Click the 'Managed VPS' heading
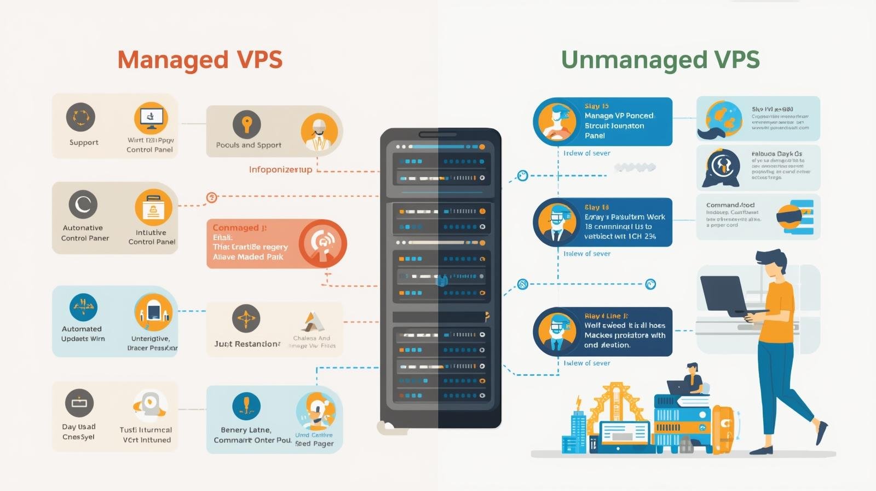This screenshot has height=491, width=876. (200, 60)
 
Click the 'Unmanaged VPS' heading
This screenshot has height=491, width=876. (660, 60)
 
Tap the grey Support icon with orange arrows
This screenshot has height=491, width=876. (81, 117)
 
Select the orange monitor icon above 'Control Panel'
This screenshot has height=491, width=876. (151, 118)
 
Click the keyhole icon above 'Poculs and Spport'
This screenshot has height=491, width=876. (246, 124)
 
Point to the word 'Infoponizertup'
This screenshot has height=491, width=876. (280, 169)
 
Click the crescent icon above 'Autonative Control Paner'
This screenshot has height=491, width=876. (83, 204)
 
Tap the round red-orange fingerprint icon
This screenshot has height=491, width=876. (322, 243)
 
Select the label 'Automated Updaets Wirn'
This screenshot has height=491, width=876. (83, 334)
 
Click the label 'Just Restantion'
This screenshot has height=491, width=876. (247, 344)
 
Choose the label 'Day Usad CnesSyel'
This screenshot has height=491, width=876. (79, 432)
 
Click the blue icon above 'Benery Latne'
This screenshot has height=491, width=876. (246, 406)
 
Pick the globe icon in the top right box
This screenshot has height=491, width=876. (723, 117)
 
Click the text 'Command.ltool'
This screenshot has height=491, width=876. (730, 205)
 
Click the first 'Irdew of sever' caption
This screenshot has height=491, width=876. (586, 153)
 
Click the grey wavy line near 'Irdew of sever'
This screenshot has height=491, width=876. (635, 167)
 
